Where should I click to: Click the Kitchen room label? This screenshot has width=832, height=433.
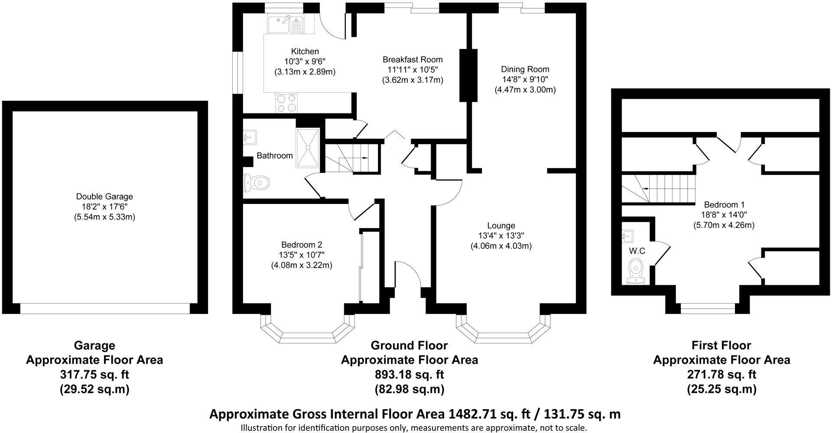click(305, 52)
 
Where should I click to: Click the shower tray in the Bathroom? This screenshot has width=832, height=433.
click(308, 148)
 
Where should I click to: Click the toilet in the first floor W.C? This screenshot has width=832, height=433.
click(636, 269)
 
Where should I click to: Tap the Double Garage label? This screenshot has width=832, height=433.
click(104, 197)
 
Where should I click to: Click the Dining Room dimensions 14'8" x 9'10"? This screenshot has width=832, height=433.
click(525, 80)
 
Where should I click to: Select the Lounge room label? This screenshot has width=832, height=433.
click(501, 226)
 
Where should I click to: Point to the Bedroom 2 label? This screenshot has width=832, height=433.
click(301, 245)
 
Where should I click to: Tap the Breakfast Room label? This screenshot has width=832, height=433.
click(413, 60)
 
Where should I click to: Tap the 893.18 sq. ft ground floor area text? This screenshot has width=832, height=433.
click(409, 375)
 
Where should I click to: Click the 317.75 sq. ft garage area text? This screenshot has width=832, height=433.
click(94, 375)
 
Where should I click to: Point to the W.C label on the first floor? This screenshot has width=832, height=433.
click(637, 251)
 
